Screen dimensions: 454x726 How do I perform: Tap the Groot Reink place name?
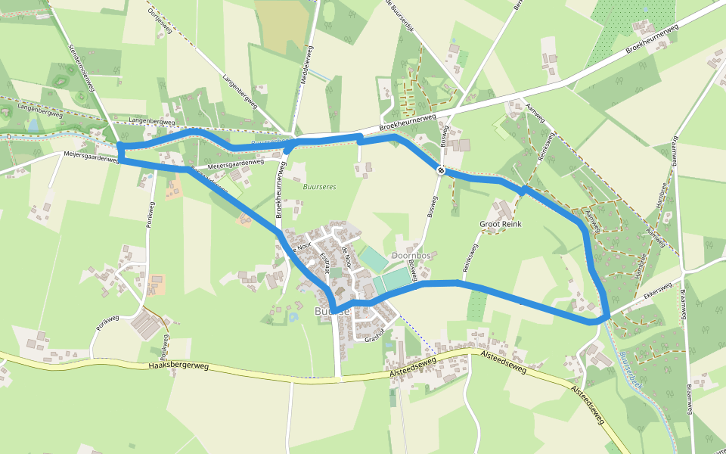(x=501, y=225)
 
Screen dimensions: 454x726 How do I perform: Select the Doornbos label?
(x=411, y=256)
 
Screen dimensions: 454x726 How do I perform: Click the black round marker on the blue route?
(x=440, y=169)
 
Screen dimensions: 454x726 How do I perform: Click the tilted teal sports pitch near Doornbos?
(x=372, y=259)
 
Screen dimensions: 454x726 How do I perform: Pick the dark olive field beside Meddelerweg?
(x=282, y=26)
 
